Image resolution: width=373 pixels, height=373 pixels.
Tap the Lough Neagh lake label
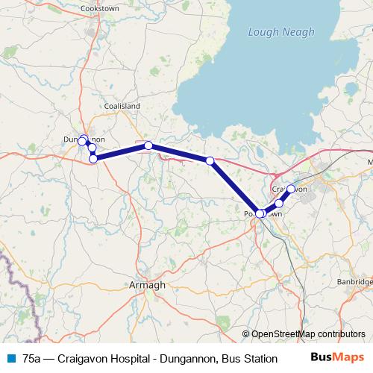pos(281,31)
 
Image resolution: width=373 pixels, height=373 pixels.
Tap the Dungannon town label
pos(84,140)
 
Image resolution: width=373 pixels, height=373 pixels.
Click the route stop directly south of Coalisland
pos(148,145)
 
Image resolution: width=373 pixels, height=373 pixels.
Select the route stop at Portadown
pos(259,213)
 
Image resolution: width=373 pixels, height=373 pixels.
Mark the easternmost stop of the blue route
pos(291,189)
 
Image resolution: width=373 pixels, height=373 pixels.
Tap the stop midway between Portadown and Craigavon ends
pos(279,203)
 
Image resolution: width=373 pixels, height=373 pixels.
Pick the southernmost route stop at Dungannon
pos(93,158)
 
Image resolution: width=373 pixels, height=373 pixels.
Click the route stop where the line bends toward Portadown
pos(210,160)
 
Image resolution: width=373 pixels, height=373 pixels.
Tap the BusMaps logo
pos(338,357)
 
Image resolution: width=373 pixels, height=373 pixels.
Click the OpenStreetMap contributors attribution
pos(307,334)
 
